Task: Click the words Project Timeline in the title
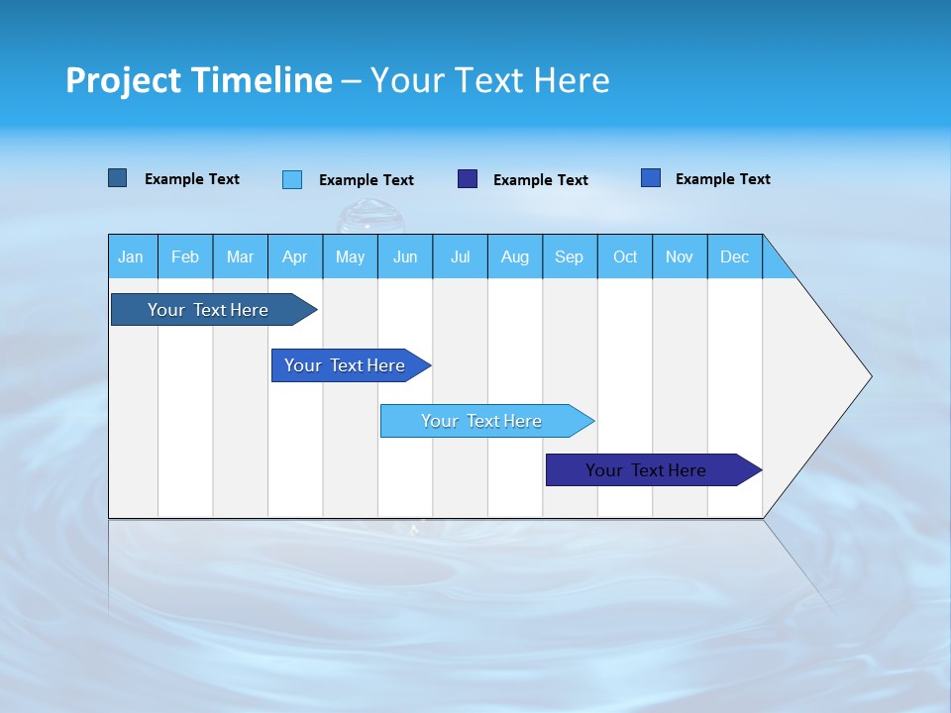click(198, 80)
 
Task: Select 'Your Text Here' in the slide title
click(489, 80)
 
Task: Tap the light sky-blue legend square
click(292, 179)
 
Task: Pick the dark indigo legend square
click(468, 179)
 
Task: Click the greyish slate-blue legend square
click(118, 178)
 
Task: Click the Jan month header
click(131, 256)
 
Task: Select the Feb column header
click(185, 256)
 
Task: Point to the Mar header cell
click(240, 256)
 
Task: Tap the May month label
click(350, 256)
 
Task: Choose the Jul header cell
click(460, 256)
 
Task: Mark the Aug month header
click(515, 256)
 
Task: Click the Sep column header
click(570, 256)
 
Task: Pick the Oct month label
click(625, 256)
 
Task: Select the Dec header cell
click(735, 256)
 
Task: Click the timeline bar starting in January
click(208, 310)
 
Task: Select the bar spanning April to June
click(345, 365)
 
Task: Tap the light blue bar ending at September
click(481, 421)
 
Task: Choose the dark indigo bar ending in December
click(646, 470)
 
